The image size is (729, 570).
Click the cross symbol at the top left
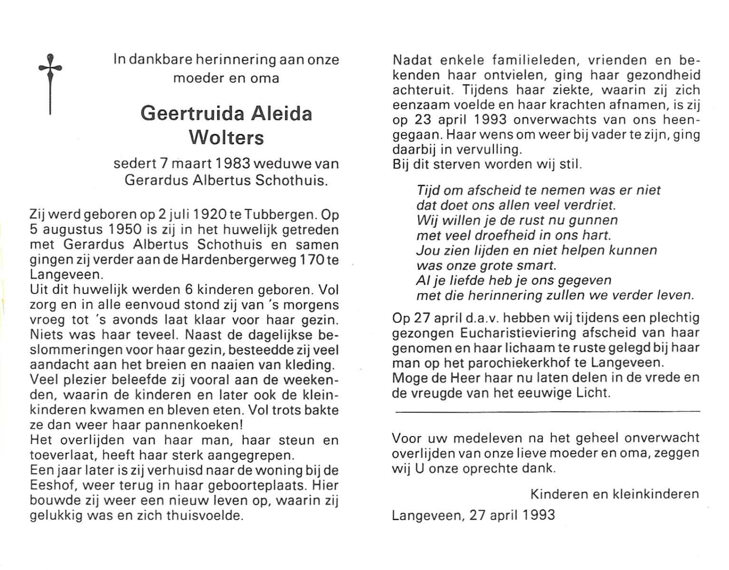(x=50, y=83)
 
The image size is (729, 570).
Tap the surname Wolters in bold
(x=226, y=138)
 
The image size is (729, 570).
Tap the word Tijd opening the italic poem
(x=428, y=190)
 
